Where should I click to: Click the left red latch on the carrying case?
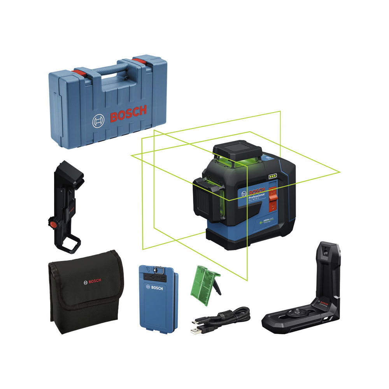[x=80, y=72]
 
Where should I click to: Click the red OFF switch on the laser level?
[x=272, y=192]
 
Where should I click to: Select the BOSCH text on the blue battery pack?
[x=154, y=287]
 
